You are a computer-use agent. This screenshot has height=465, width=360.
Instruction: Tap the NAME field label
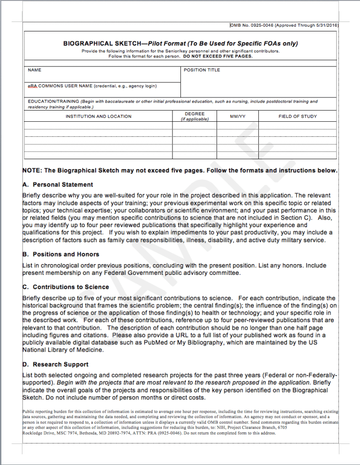pyautogui.click(x=35, y=70)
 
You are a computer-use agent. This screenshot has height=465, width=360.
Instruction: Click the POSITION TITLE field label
pyautogui.click(x=202, y=70)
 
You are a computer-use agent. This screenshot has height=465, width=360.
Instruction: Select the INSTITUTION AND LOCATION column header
pyautogui.click(x=98, y=117)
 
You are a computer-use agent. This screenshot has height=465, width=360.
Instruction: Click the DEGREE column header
pyautogui.click(x=195, y=114)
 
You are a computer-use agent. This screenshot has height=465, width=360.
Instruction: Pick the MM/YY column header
pyautogui.click(x=238, y=117)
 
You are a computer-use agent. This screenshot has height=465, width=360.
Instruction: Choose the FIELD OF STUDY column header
pyautogui.click(x=298, y=117)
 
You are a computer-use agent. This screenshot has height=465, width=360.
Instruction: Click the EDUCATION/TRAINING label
pyautogui.click(x=53, y=101)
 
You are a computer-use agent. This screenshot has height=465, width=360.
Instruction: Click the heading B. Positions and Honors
pyautogui.click(x=61, y=254)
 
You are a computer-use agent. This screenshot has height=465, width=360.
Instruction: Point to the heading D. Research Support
pyautogui.click(x=56, y=364)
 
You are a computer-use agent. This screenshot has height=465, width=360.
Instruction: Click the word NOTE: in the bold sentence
pyautogui.click(x=32, y=170)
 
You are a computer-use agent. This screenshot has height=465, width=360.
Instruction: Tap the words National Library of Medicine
pyautogui.click(x=63, y=349)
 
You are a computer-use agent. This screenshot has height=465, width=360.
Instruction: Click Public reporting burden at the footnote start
pyautogui.click(x=43, y=411)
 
